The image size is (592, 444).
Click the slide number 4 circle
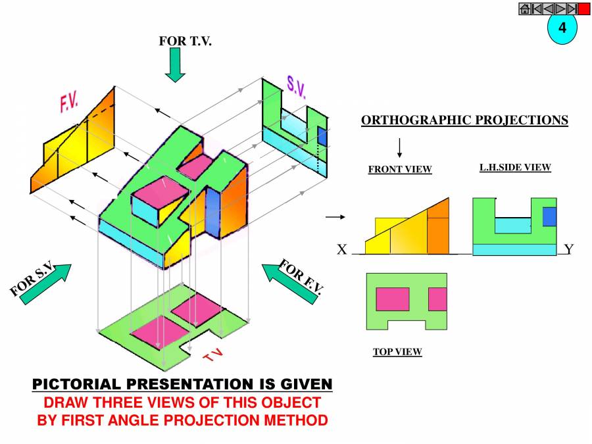(x=562, y=28)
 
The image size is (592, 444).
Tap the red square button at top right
(x=584, y=9)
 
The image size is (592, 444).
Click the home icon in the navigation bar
(x=525, y=9)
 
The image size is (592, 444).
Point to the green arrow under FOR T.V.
(x=175, y=67)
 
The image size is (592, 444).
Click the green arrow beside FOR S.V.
(x=46, y=284)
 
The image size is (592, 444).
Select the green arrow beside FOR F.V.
(x=289, y=284)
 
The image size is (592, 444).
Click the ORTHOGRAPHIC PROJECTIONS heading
(x=464, y=120)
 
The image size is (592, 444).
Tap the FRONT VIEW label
(x=400, y=170)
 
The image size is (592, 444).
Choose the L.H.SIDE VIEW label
(x=515, y=168)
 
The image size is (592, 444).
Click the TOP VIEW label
(x=397, y=352)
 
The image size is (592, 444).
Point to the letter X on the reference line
(x=341, y=250)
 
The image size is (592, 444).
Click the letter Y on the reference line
(x=569, y=249)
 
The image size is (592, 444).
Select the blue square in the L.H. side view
(x=549, y=217)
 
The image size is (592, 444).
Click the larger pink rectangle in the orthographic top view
(x=393, y=299)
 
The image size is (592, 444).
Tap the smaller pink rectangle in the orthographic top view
(x=437, y=299)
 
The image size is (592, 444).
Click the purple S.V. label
(x=296, y=86)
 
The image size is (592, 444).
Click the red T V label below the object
(x=213, y=356)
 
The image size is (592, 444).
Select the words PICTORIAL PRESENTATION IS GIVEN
(x=182, y=384)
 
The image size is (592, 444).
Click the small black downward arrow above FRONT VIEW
(x=400, y=147)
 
